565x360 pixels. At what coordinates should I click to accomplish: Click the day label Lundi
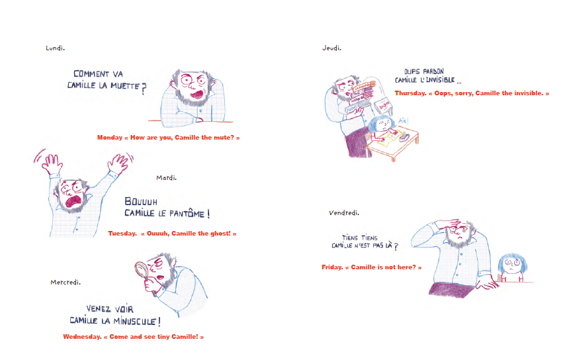[55, 48]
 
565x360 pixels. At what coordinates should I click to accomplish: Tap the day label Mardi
[166, 177]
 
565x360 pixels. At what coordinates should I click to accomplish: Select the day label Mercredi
[65, 282]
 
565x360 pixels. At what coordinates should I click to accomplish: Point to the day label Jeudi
[331, 48]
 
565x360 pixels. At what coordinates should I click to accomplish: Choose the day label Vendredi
[344, 213]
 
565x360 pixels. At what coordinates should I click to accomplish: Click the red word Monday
[110, 137]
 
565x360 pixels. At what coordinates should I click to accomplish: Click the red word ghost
[220, 234]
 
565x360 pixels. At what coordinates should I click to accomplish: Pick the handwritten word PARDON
[433, 71]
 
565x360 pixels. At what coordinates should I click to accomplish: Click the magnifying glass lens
[142, 269]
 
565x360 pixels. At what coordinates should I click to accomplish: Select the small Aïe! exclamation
[403, 120]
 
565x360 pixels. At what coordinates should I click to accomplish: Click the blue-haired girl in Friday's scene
[512, 268]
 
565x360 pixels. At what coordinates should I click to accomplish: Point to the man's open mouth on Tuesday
[73, 201]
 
